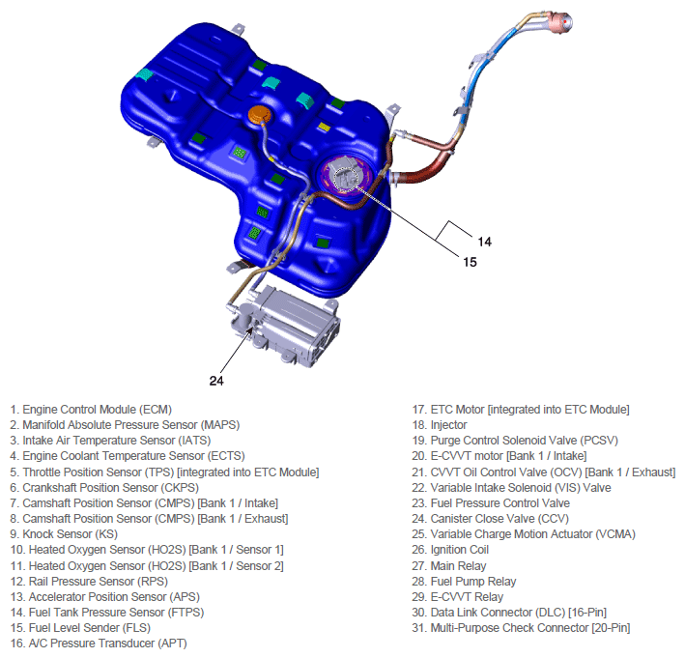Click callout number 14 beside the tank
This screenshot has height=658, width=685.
(x=484, y=240)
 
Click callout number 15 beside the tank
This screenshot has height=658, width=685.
(x=467, y=261)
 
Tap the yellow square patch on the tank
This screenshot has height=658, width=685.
(x=325, y=127)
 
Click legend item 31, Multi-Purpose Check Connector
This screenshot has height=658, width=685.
(x=521, y=627)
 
